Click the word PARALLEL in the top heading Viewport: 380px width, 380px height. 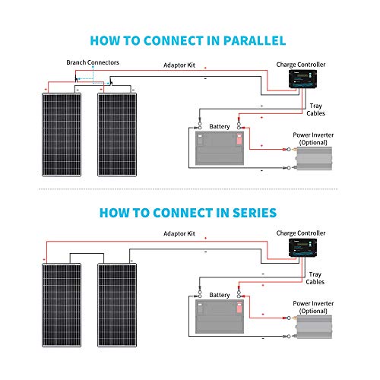point(252,39)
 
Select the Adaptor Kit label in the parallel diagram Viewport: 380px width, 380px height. point(179,66)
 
